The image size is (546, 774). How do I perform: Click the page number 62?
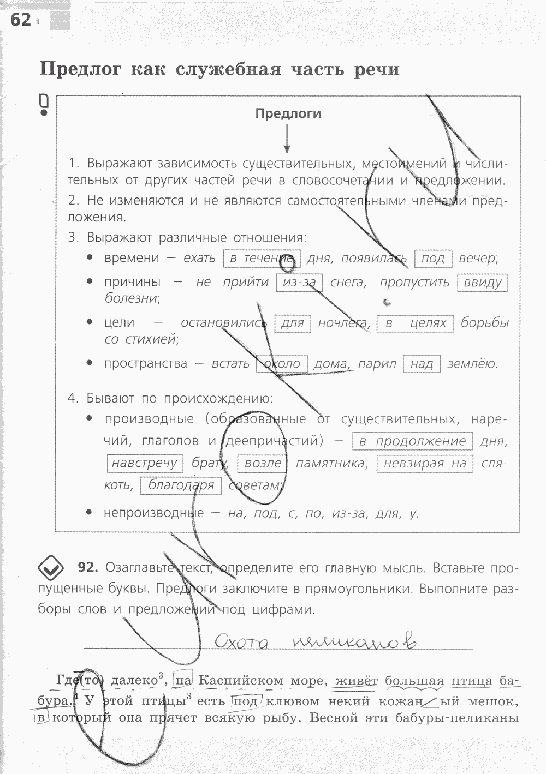(x=21, y=20)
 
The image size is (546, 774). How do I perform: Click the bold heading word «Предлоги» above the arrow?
(x=288, y=113)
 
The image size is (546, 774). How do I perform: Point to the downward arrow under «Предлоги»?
(x=287, y=139)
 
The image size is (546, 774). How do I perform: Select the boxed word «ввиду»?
(x=482, y=283)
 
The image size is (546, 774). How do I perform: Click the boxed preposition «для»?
(x=292, y=323)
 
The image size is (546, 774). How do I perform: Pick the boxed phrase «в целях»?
(x=416, y=323)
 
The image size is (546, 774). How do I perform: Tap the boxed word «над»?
(x=422, y=364)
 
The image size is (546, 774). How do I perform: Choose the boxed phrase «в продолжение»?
(x=413, y=441)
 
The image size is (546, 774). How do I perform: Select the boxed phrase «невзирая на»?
(x=425, y=464)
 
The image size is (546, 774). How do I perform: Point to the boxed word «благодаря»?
(x=181, y=485)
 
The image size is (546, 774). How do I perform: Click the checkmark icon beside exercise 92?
(x=51, y=568)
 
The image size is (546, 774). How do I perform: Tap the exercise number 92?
(x=87, y=568)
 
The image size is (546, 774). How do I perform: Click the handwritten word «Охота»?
(x=241, y=641)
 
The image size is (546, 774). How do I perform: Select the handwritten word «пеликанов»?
(x=354, y=641)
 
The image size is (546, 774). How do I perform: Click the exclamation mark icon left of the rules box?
(x=44, y=105)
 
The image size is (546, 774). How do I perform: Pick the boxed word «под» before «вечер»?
(x=433, y=258)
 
